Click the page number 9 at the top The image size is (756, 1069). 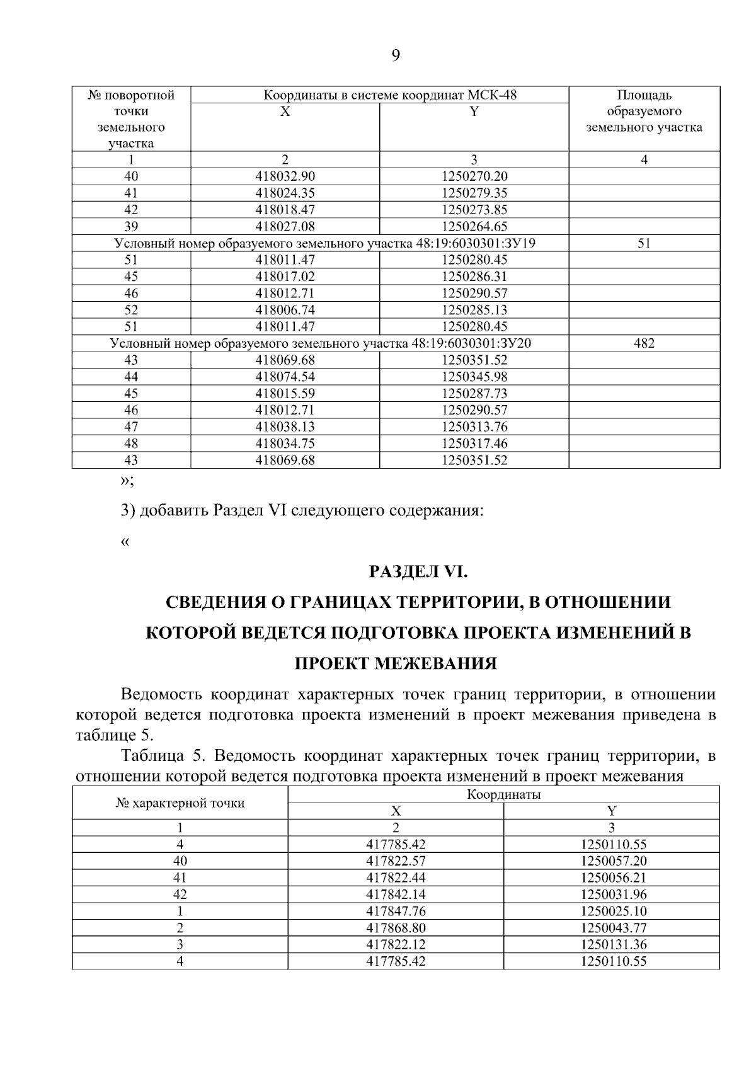[x=396, y=56]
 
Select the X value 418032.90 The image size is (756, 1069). [x=285, y=176]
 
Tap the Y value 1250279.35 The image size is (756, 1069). [x=474, y=193]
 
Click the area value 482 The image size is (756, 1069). [x=644, y=343]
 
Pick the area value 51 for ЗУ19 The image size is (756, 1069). [x=644, y=243]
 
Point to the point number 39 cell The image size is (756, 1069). [x=131, y=226]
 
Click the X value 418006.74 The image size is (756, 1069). [x=285, y=310]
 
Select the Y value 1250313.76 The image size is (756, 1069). [x=474, y=426]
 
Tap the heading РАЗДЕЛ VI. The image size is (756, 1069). [x=418, y=572]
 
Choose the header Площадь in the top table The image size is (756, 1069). [x=644, y=96]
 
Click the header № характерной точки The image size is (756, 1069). [x=180, y=803]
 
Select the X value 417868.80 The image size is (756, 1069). [x=396, y=928]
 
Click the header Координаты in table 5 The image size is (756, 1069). [x=503, y=794]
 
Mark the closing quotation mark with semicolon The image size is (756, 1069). [x=126, y=481]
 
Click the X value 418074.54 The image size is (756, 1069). [x=285, y=377]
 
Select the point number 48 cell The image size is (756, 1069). [x=131, y=443]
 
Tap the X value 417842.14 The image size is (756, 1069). [x=396, y=895]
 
